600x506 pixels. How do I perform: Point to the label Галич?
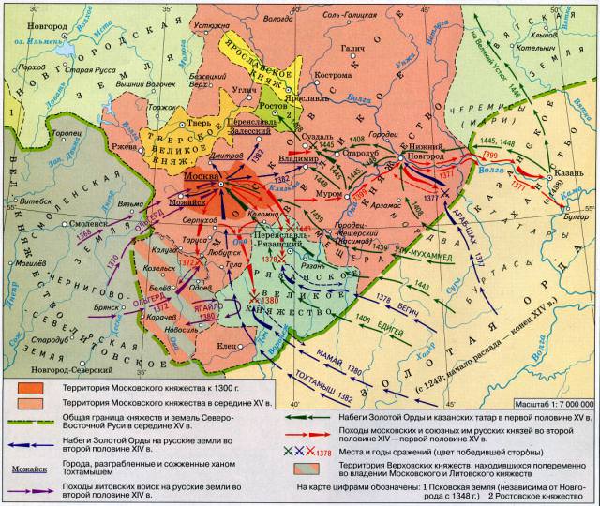click(351, 46)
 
